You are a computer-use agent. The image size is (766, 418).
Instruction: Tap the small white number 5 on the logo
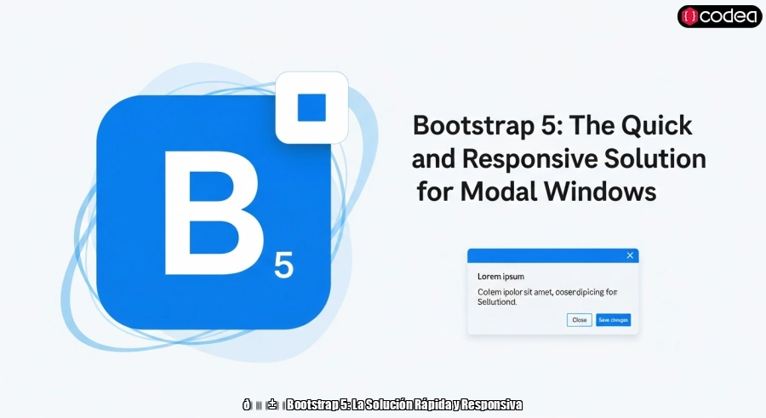point(283,266)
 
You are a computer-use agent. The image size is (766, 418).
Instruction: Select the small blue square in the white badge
point(312,107)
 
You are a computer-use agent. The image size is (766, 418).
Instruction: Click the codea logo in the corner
point(719,16)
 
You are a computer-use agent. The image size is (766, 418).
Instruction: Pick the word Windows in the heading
point(605,192)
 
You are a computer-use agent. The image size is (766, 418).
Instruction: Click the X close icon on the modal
point(630,255)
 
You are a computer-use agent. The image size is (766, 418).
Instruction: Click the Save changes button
point(614,320)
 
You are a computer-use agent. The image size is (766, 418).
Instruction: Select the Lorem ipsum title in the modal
point(500,277)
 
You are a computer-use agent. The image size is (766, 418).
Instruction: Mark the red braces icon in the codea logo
point(690,16)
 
